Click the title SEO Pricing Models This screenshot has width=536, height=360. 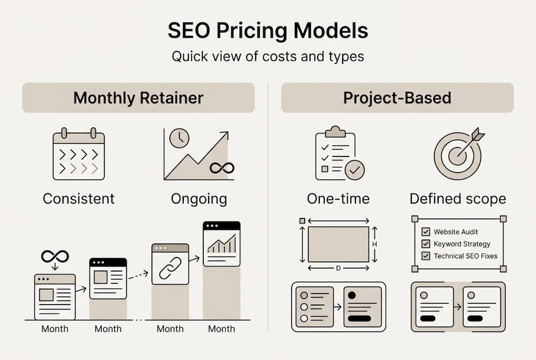coord(268,31)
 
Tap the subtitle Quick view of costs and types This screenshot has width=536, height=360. coord(268,56)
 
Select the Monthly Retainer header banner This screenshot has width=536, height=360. coord(138,97)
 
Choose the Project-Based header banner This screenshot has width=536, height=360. coord(397,97)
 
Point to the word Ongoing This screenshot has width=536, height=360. coord(199,199)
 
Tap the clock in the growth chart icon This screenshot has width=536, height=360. coord(179,138)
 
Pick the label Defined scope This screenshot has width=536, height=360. coord(458,199)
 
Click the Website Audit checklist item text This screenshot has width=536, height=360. coord(456,232)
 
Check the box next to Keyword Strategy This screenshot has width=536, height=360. coord(426,244)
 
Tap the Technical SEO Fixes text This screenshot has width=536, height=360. coord(466,256)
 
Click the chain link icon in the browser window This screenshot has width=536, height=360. coord(170,268)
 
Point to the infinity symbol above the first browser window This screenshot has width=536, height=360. coord(55,256)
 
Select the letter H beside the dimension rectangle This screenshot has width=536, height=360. coord(375,244)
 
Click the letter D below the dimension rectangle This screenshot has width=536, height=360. coord(338,268)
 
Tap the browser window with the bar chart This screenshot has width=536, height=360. coord(221,244)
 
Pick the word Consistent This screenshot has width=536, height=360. coord(78,199)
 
